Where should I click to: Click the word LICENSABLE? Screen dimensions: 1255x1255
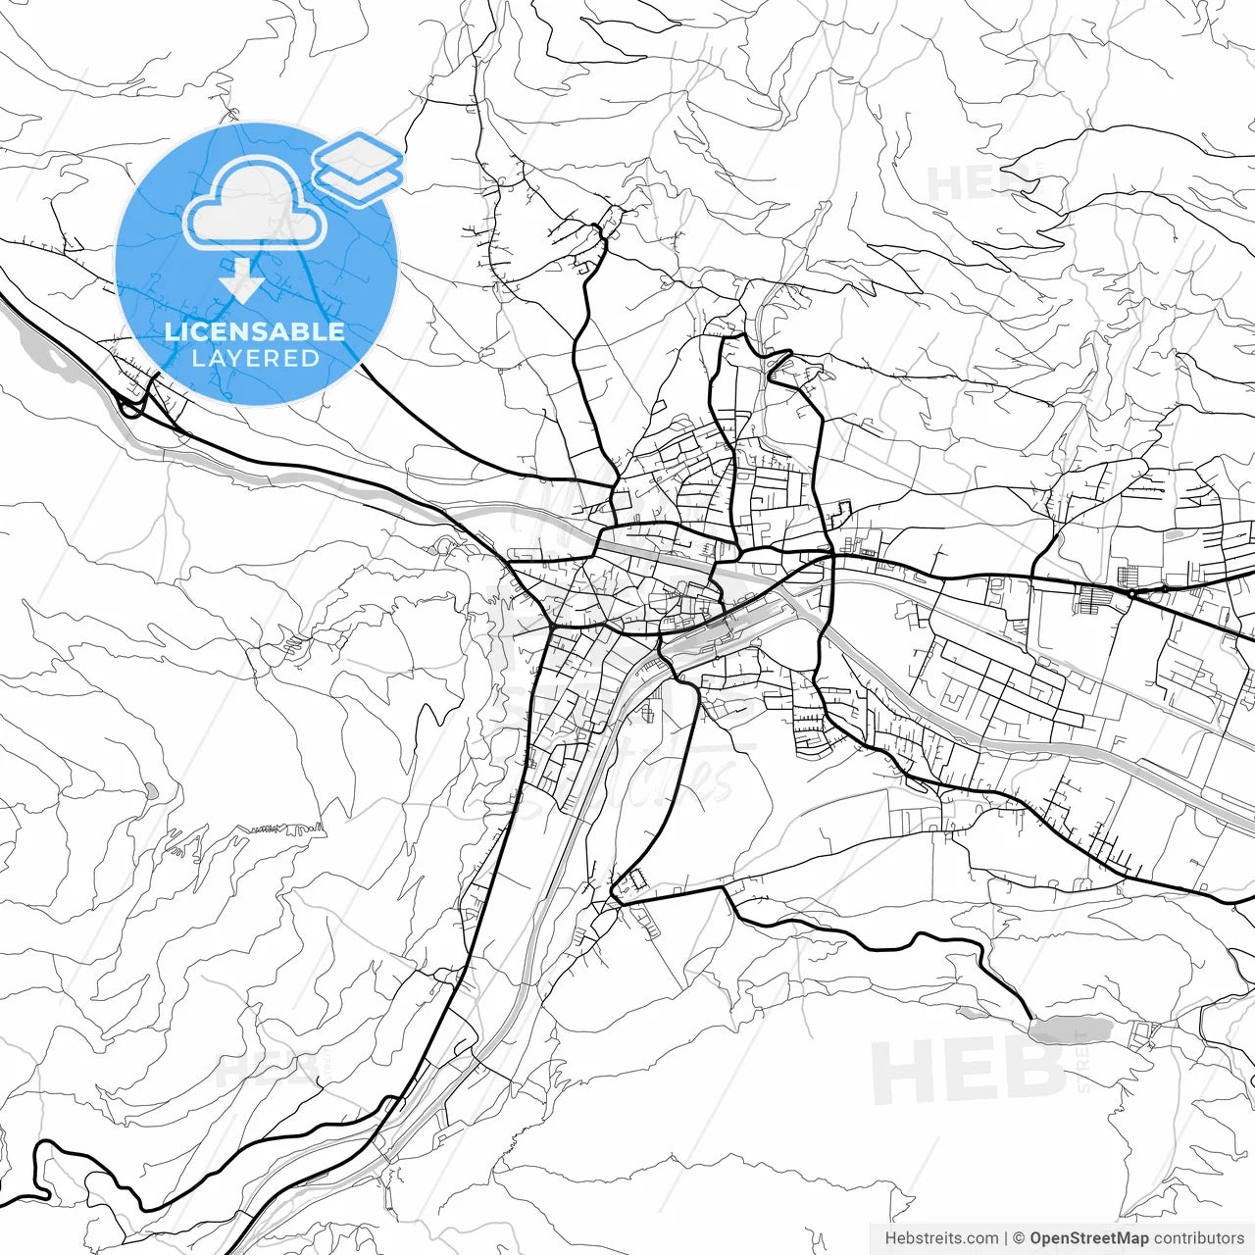[x=255, y=331]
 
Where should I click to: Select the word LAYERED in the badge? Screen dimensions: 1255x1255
[x=255, y=359]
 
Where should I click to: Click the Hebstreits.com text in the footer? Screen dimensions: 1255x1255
[x=941, y=1238]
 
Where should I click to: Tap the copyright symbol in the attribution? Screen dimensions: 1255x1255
[x=1019, y=1238]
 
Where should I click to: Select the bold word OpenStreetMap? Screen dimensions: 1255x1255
[x=1088, y=1238]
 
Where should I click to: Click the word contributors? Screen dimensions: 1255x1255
[x=1198, y=1238]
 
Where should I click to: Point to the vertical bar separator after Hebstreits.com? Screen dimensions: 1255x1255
[x=1006, y=1238]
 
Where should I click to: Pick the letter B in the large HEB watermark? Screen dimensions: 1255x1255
[x=1029, y=1072]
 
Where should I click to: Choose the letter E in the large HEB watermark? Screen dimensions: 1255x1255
[x=968, y=1072]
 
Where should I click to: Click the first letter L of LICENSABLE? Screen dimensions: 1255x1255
[x=171, y=331]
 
